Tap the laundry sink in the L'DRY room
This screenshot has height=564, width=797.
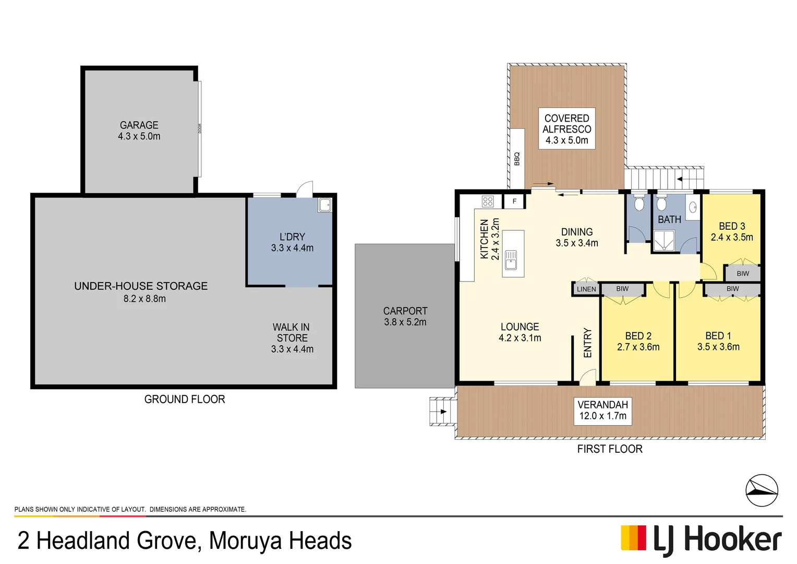point(324,205)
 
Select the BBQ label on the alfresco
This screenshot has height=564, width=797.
point(517,159)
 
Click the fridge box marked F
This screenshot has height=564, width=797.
point(514,201)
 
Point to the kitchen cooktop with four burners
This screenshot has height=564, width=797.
point(488,201)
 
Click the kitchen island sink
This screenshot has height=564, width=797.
point(511,260)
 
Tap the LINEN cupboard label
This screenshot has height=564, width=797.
point(586,289)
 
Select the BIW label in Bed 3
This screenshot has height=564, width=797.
point(743,273)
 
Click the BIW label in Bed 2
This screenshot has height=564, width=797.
point(622,289)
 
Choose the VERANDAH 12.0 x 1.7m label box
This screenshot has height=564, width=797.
point(602,410)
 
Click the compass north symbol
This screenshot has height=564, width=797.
point(762,490)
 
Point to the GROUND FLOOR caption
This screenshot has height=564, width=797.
point(185,399)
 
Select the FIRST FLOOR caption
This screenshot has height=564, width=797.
point(609,449)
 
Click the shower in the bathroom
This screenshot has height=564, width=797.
point(664,241)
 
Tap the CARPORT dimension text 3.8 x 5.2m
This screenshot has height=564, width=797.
point(405,322)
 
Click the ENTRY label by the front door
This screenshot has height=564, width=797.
point(587,343)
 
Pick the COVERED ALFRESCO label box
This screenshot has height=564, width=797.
point(566,129)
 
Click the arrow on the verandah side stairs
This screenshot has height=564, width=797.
point(443,412)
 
